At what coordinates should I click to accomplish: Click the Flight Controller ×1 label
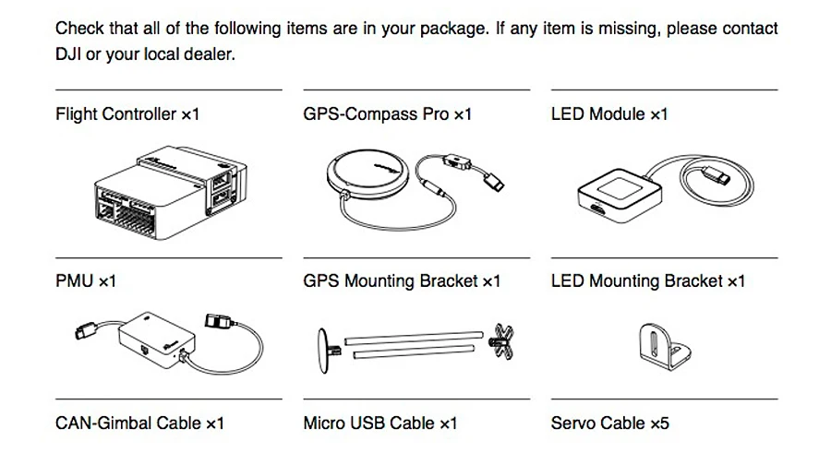coord(127,114)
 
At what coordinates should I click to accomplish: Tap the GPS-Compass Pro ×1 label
coord(387,114)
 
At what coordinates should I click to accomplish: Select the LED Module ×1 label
coord(609,114)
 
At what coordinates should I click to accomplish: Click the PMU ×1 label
coord(85,280)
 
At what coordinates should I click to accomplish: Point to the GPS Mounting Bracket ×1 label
coord(402,280)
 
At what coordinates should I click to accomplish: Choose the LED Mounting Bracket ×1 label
coord(647,280)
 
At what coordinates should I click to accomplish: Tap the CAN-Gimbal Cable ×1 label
coord(139,423)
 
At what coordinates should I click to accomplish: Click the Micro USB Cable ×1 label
coord(379,423)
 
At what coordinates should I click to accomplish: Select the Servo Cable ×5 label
coord(609,423)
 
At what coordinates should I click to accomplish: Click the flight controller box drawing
coord(170,193)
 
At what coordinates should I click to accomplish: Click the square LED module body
coord(619,195)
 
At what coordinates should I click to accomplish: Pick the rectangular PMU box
coord(156,340)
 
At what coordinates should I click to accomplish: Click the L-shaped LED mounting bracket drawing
coord(664,347)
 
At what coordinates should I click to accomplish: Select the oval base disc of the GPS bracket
coord(323,351)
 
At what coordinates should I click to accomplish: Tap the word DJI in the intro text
coord(67,54)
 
